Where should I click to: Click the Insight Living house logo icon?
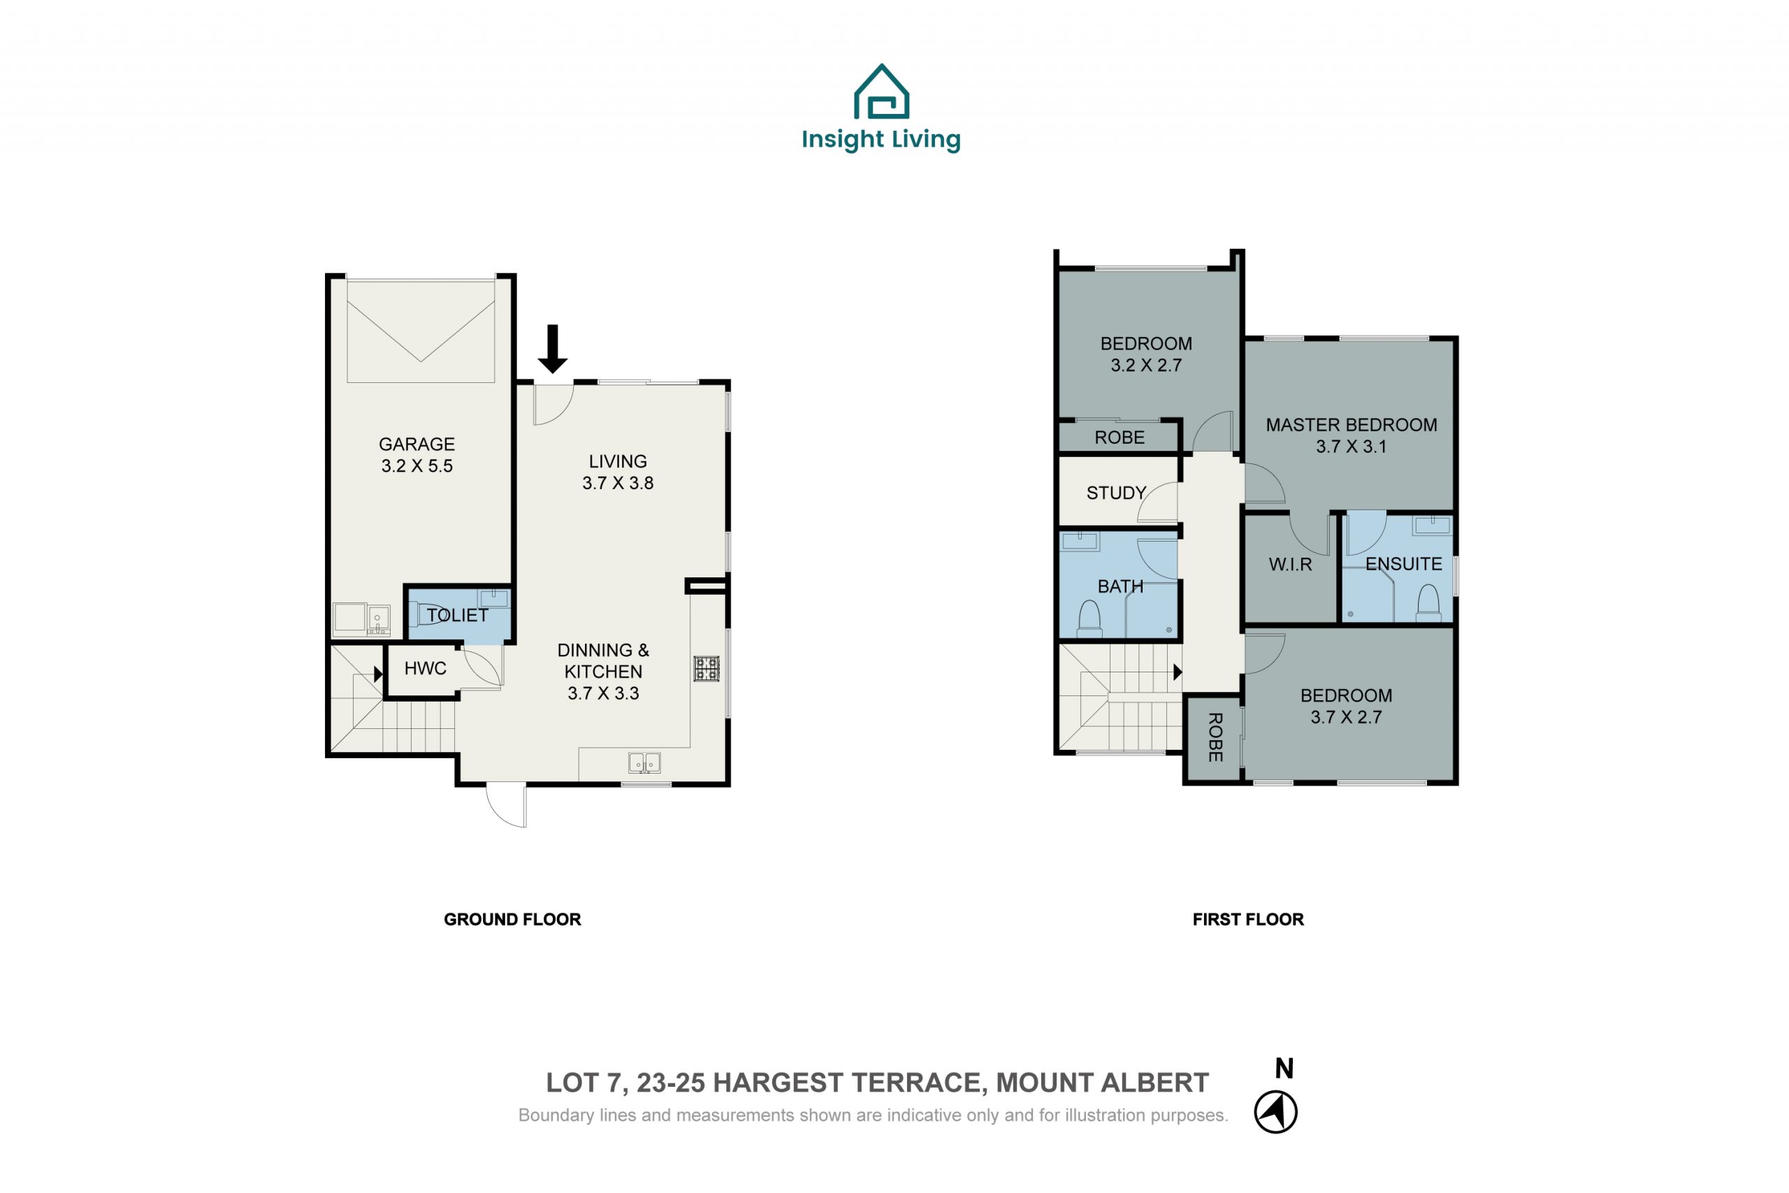point(881,92)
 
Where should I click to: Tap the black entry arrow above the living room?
point(552,349)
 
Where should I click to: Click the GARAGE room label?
point(417,444)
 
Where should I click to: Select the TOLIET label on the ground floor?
point(457,615)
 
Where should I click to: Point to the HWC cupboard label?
point(425,668)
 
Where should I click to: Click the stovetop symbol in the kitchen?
point(707,669)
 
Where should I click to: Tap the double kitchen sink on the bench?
point(644,762)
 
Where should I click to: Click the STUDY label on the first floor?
point(1116,493)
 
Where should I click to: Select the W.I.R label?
point(1290,565)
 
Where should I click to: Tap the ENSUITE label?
point(1403,564)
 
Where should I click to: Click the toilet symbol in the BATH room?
point(1090,619)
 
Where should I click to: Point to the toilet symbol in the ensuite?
point(1428,602)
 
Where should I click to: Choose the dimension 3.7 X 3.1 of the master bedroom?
point(1351,447)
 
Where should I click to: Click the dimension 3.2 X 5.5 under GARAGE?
point(417,465)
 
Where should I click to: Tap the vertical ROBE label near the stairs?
point(1215,737)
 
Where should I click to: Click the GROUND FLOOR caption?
point(512,919)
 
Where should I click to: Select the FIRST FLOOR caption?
point(1248,919)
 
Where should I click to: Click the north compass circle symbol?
point(1275,1112)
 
